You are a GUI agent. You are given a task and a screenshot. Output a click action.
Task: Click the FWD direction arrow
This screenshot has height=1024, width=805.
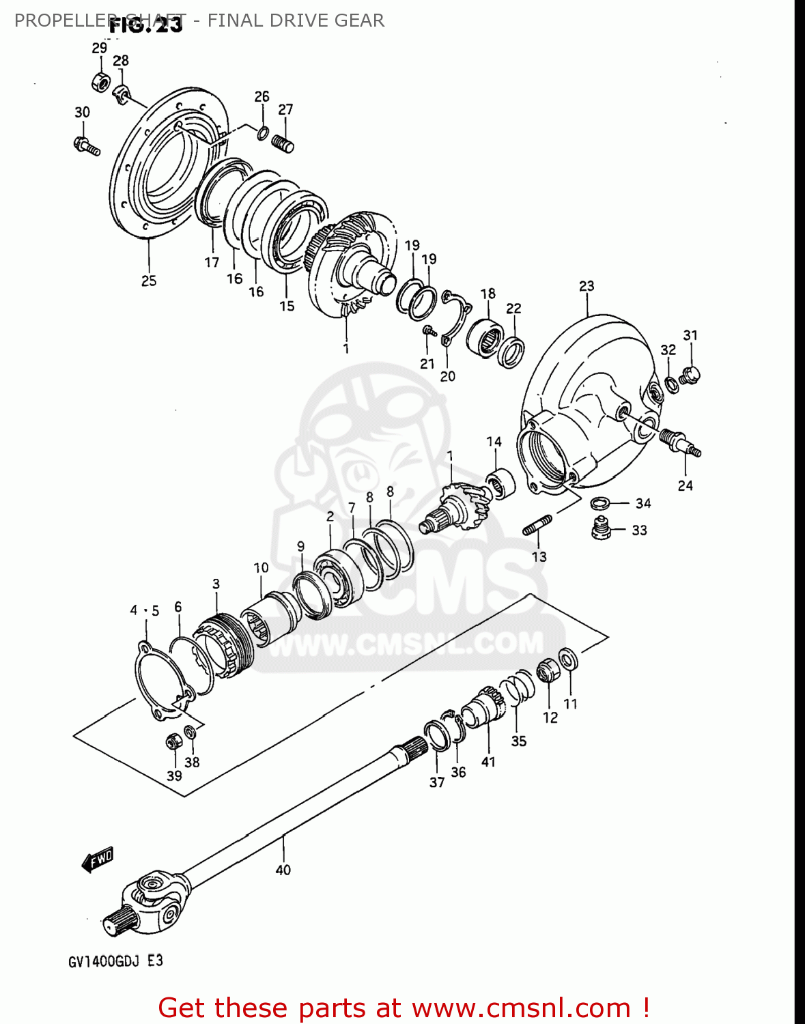[x=98, y=859]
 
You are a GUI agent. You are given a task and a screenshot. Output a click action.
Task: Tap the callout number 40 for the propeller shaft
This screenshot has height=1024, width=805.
[x=283, y=870]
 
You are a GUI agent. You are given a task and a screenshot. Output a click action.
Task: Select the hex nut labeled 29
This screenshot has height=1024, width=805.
[x=100, y=81]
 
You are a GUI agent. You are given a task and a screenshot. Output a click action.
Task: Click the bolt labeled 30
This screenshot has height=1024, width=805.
[x=86, y=145]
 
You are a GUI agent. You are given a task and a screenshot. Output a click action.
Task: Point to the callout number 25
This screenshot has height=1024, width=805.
[x=149, y=281]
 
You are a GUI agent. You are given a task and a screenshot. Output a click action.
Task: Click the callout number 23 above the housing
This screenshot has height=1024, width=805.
[x=587, y=286]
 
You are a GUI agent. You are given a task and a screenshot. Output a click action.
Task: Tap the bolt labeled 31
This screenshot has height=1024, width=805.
[x=692, y=374]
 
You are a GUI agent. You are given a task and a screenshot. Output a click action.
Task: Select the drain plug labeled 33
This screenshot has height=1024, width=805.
[x=600, y=529]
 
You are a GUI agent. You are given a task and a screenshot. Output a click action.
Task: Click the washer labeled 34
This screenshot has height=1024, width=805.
[x=599, y=503]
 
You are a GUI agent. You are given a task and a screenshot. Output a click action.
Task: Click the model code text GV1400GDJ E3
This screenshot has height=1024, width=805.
[x=115, y=961]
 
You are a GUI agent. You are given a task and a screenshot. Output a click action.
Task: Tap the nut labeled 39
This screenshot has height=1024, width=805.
[x=173, y=741]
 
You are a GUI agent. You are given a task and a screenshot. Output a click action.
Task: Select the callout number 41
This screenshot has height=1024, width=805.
[x=488, y=762]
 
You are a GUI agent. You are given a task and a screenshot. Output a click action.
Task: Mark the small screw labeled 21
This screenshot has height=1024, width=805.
[x=429, y=331]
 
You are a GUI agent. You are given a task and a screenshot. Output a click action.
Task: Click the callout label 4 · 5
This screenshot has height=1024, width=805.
[x=145, y=610]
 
